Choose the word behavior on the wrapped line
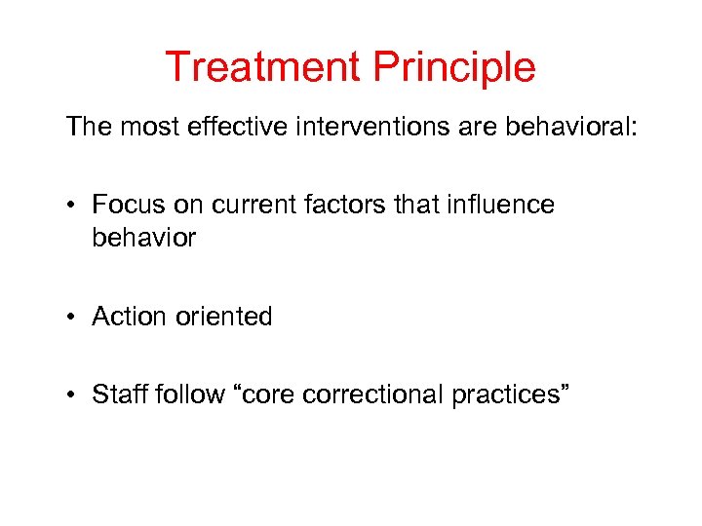tap(143, 238)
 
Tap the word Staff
tap(119, 394)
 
